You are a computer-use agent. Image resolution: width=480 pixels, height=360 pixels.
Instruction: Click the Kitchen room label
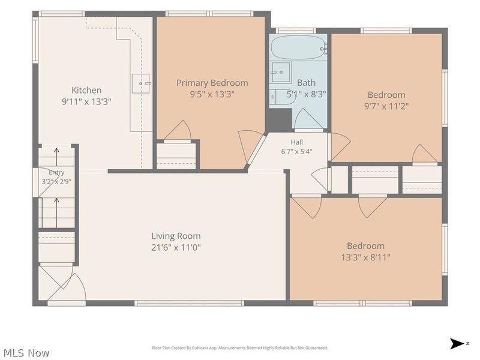pyautogui.click(x=86, y=90)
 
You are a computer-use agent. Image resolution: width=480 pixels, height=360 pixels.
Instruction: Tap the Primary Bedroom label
pyautogui.click(x=212, y=83)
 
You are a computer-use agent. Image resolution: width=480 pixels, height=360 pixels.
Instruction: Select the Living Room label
pyautogui.click(x=176, y=236)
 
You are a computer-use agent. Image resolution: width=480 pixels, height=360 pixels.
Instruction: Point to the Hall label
pyautogui.click(x=296, y=142)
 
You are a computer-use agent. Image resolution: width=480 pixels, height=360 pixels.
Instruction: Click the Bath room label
pyautogui.click(x=306, y=83)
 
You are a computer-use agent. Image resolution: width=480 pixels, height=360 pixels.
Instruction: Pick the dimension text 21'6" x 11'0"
pyautogui.click(x=176, y=247)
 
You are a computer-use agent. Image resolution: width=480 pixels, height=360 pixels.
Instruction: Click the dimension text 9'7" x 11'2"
pyautogui.click(x=386, y=106)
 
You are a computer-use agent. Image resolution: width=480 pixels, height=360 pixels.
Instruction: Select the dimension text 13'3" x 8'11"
pyautogui.click(x=366, y=257)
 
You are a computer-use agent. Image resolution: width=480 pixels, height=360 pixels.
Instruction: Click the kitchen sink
pyautogui.click(x=141, y=83)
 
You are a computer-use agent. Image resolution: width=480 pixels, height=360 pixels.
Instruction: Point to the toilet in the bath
pyautogui.click(x=283, y=97)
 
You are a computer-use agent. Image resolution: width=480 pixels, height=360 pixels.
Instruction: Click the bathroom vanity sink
pyautogui.click(x=281, y=72)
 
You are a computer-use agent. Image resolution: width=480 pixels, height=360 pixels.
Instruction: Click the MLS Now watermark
pyautogui.click(x=25, y=353)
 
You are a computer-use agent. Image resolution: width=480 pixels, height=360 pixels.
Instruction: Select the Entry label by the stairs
pyautogui.click(x=56, y=172)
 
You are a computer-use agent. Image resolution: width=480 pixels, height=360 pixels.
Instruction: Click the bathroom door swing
pyautogui.click(x=308, y=118)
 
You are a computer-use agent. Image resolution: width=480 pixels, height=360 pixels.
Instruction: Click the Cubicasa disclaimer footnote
pyautogui.click(x=240, y=348)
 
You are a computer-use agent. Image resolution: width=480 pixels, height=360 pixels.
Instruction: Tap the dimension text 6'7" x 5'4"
pyautogui.click(x=296, y=151)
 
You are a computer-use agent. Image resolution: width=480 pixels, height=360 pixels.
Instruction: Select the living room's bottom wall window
pyautogui.click(x=189, y=303)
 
